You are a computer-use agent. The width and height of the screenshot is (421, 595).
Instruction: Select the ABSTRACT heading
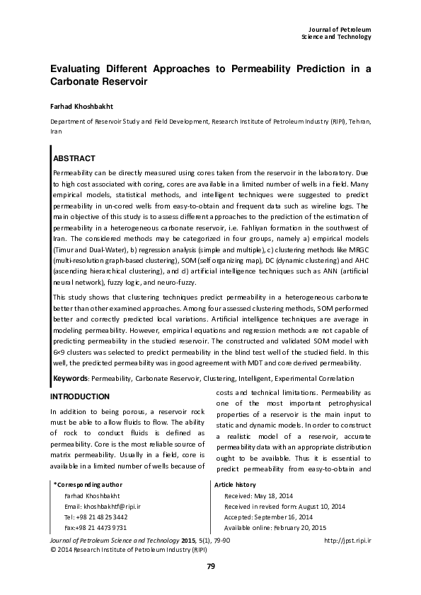point(74,158)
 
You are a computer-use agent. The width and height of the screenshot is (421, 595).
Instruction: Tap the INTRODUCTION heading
point(79,396)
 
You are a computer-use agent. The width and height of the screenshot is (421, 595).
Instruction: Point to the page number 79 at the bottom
point(210,566)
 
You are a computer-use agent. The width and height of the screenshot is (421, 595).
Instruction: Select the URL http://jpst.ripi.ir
point(347,541)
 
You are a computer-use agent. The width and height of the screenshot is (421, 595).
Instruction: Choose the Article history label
point(234,485)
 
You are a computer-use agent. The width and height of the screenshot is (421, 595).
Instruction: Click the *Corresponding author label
point(87,485)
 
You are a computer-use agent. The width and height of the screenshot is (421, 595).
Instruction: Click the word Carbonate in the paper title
point(78,82)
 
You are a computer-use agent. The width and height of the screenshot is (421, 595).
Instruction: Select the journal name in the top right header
point(336,32)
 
